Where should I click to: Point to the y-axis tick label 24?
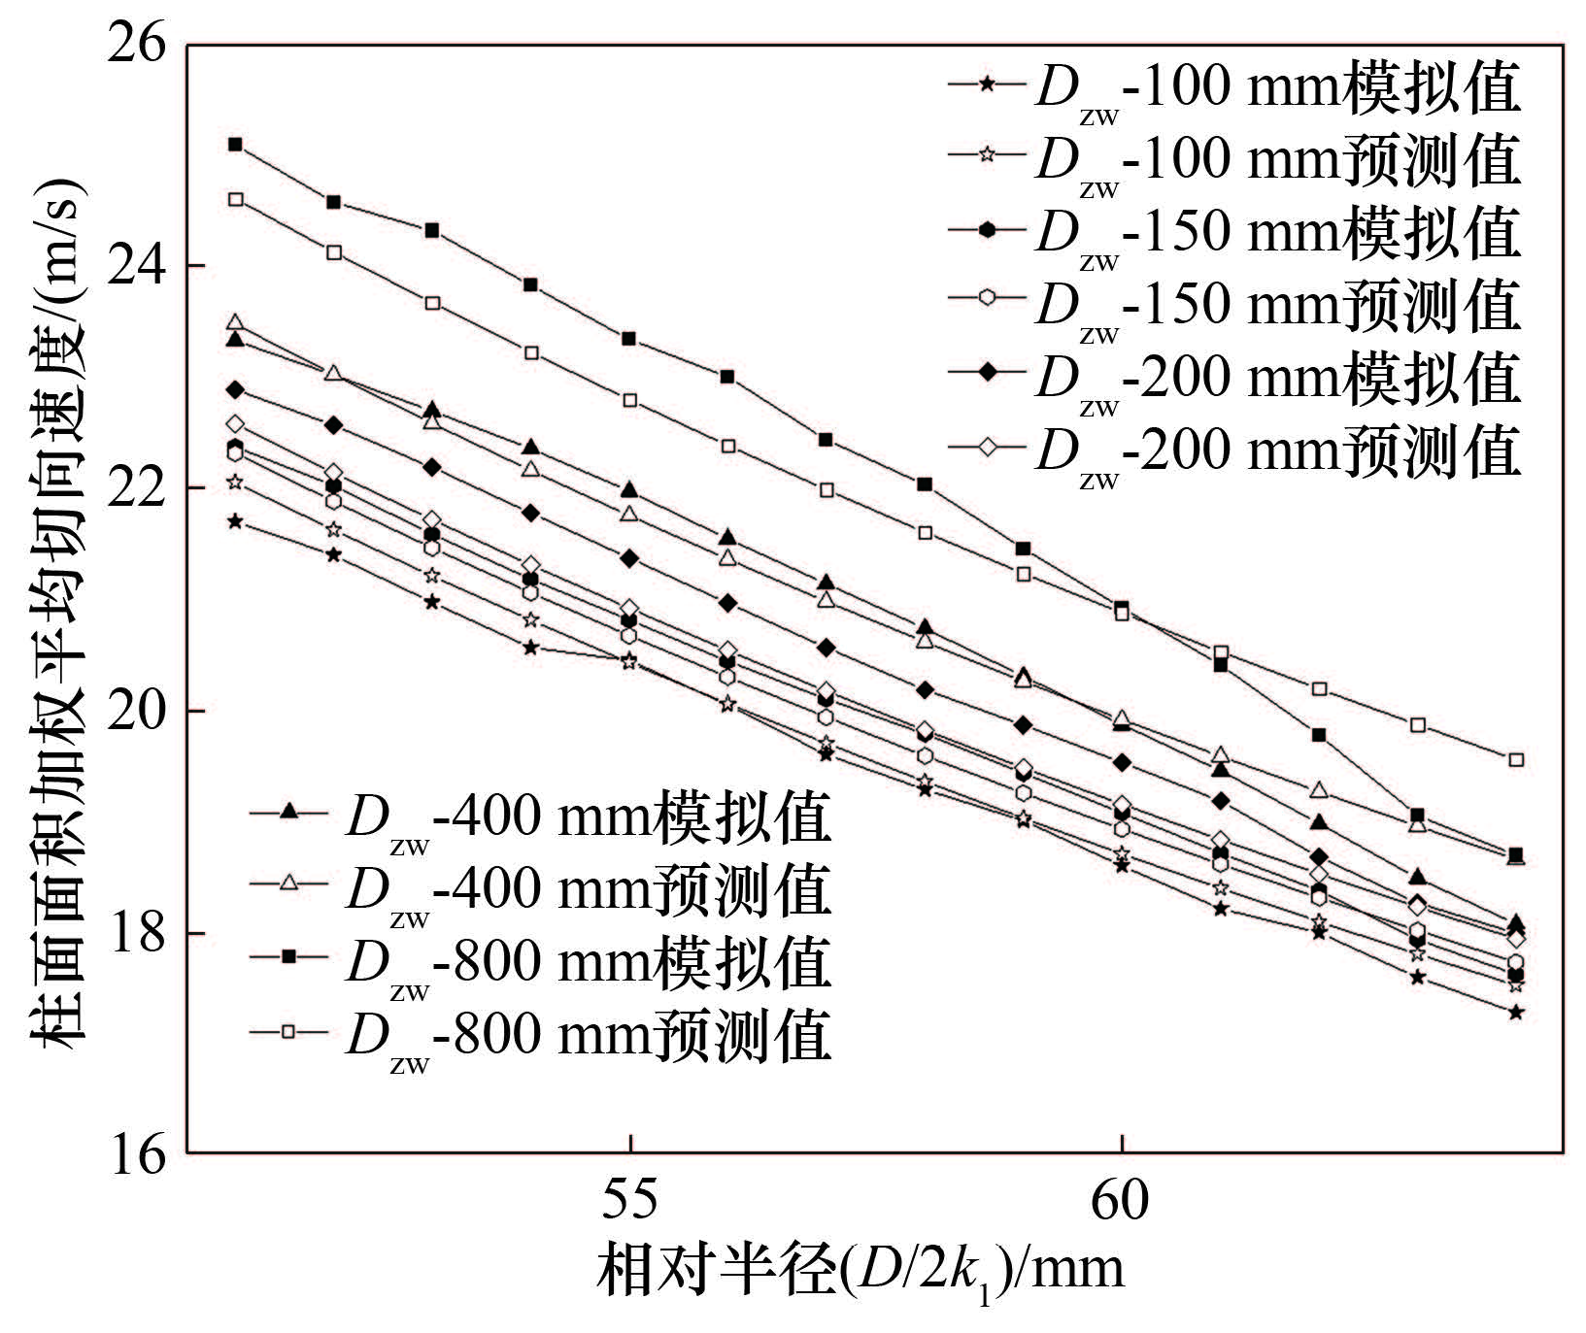coord(137,266)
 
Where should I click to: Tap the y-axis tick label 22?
coord(137,488)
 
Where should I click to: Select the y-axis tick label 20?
coord(137,710)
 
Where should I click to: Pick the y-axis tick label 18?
coord(137,933)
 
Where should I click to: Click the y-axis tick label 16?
coord(137,1154)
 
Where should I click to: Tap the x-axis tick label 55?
coord(629,1200)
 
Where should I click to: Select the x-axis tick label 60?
coord(1120,1200)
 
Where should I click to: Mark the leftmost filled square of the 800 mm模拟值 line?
coord(235,145)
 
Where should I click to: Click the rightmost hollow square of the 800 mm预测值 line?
coord(1515,759)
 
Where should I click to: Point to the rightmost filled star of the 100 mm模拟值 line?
coord(1515,1012)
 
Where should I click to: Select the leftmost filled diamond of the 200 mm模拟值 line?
coord(235,389)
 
